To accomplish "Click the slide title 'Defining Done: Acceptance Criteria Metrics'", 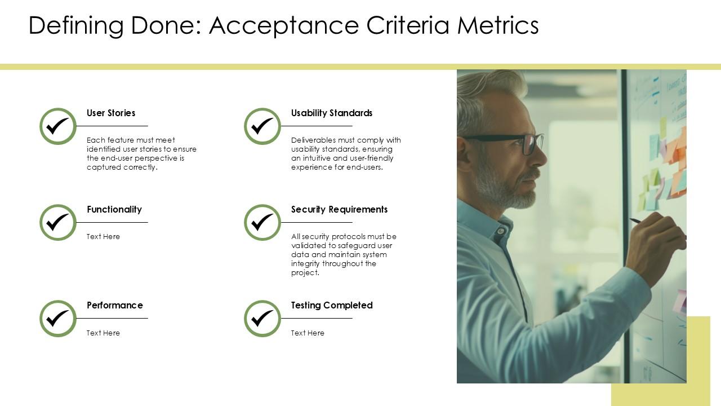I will tap(283, 26).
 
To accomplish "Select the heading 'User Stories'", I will tap(111, 113).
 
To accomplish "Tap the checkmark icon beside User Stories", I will tap(58, 126).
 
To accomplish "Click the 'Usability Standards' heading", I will tap(332, 113).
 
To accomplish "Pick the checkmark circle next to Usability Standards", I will tap(262, 126).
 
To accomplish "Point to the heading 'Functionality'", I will tap(114, 210).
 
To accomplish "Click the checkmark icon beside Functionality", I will tap(58, 223).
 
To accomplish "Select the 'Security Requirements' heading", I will tap(339, 210).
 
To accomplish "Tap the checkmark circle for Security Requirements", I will tap(262, 223).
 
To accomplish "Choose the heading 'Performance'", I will tap(115, 306).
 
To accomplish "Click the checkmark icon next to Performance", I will tap(58, 319).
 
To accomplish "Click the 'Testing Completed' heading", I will tap(332, 306).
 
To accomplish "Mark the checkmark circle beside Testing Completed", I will tap(262, 319).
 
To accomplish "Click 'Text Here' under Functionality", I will tap(103, 237).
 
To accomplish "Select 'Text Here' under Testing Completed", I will tap(308, 333).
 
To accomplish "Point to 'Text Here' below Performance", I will tap(103, 333).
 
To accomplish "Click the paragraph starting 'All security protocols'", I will tap(344, 254).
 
